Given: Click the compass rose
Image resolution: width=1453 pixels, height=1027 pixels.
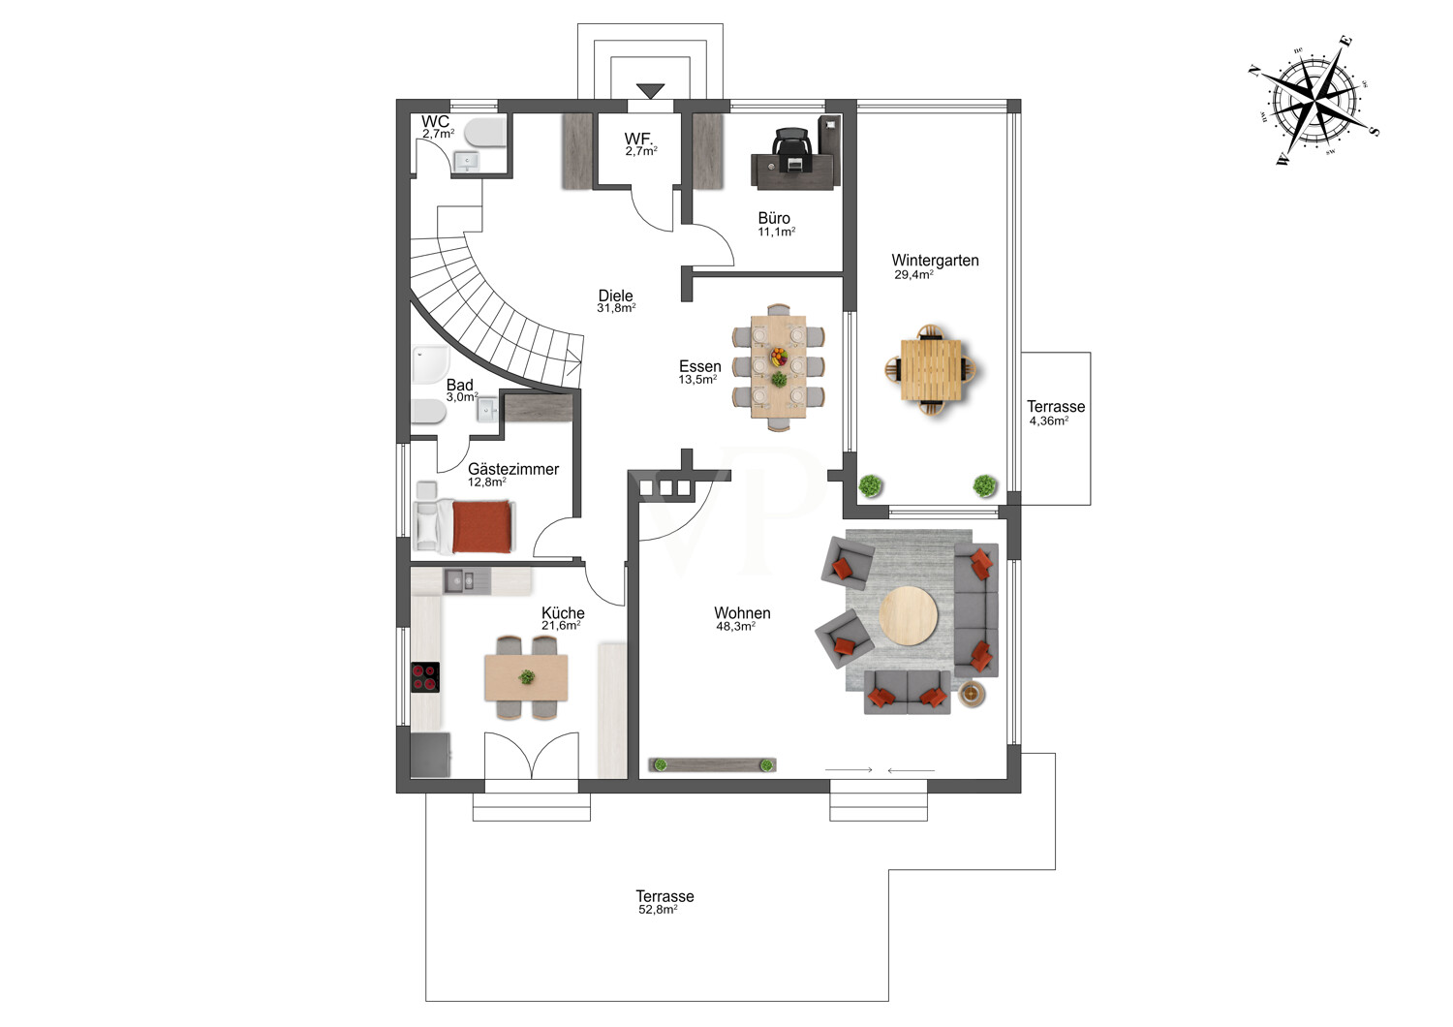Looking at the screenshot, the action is coord(1314,101).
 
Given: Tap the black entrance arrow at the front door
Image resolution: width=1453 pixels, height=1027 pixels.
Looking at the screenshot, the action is coord(650,91).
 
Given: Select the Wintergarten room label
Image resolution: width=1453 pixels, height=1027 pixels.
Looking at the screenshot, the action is coord(935,261).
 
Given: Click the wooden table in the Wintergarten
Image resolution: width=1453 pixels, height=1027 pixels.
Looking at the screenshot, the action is coord(931,370).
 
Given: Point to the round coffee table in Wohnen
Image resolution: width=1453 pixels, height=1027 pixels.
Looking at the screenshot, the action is coord(909,615).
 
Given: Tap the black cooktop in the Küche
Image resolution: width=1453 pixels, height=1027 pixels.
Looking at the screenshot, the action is coord(425,677).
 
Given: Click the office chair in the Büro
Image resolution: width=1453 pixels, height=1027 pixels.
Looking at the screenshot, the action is coord(792,150).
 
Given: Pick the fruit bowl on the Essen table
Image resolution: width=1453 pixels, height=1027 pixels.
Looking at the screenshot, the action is coord(779,357).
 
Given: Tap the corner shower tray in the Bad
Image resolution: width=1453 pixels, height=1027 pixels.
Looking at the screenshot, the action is coord(430,363).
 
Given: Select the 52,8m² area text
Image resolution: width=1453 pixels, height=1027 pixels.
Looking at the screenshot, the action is coord(658,910).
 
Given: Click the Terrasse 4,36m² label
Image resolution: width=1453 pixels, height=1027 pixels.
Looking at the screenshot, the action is coord(1056,413).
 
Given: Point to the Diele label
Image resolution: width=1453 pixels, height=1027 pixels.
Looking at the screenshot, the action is coord(615,296).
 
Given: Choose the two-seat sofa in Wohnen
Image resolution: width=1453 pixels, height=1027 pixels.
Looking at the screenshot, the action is coord(907,692).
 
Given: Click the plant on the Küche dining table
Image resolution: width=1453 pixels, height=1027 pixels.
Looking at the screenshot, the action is coord(527,677).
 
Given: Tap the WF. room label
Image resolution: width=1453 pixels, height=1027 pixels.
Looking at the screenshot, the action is coord(639,139).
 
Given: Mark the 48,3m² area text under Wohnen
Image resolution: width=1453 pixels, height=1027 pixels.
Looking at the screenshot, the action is coord(735,627).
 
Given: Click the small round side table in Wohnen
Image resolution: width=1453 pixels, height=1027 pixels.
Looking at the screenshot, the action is coord(972,694).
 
